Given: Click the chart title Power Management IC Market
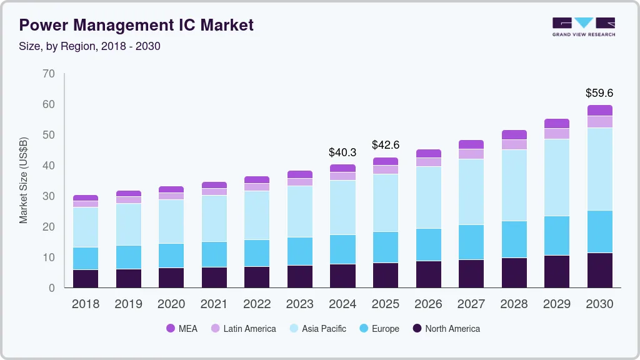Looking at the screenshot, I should click(x=136, y=25).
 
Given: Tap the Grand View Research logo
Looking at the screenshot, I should click(x=583, y=27).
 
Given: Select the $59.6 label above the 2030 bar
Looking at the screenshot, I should click(x=599, y=93).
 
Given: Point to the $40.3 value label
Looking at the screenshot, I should click(x=342, y=152).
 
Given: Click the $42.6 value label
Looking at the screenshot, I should click(x=385, y=145).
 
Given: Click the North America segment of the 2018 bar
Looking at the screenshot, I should click(x=86, y=279).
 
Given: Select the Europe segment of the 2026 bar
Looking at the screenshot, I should click(x=428, y=244).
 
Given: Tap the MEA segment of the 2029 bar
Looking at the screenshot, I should click(x=556, y=123).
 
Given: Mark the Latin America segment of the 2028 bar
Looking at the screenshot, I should click(x=514, y=144).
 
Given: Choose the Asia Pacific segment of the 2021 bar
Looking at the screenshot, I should click(x=214, y=218).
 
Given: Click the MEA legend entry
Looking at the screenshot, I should click(x=182, y=328).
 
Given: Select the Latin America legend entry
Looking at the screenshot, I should click(x=243, y=328).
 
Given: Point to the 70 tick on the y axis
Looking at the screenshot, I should click(x=49, y=74).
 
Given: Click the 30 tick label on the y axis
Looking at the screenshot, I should click(x=49, y=196).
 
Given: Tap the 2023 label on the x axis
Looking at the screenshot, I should click(x=299, y=304).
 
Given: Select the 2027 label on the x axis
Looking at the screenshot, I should click(x=471, y=304).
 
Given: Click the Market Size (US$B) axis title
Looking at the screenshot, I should click(x=24, y=181).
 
